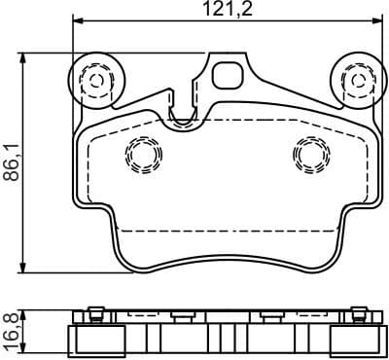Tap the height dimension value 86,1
[11, 162]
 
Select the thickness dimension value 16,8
[11, 331]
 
